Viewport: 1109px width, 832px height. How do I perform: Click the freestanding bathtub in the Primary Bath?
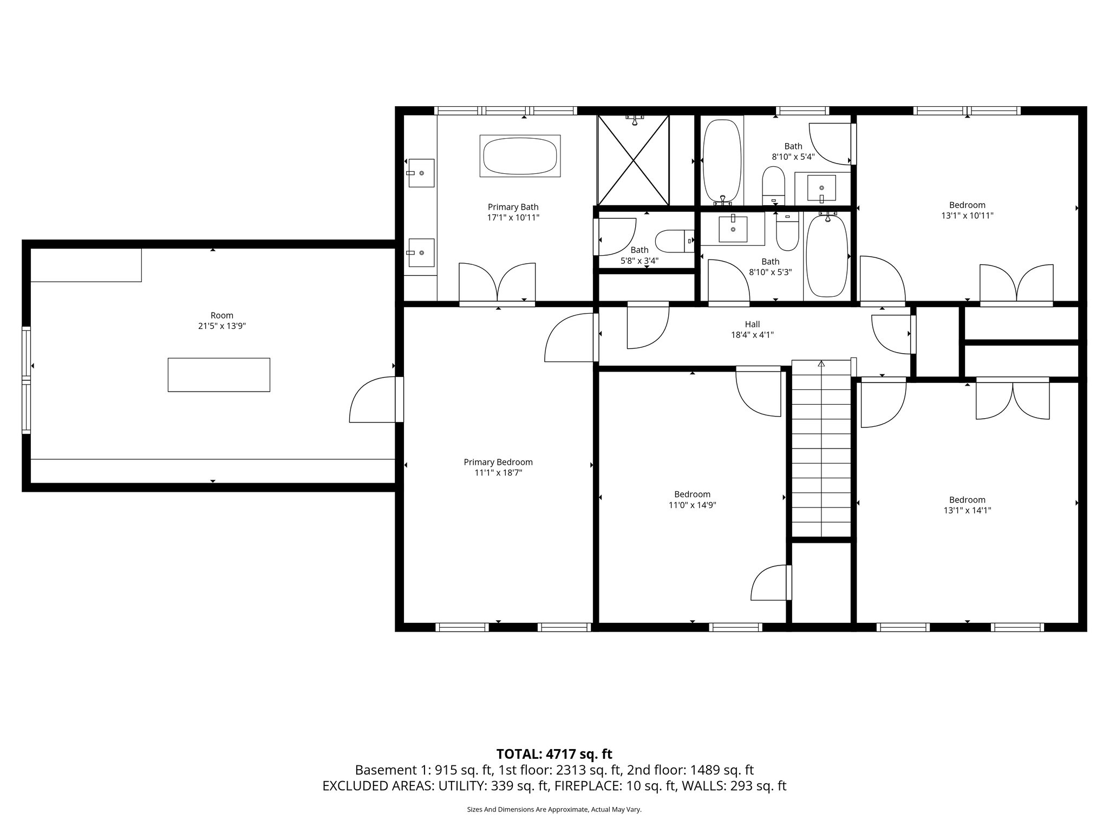tap(520, 156)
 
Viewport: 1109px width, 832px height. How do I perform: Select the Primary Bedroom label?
tap(498, 462)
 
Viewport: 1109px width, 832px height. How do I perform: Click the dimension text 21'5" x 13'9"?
tap(222, 326)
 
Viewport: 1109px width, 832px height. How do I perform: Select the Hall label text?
tap(752, 324)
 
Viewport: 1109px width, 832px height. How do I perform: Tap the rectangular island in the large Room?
tap(219, 374)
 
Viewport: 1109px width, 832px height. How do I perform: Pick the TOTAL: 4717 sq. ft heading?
tap(554, 753)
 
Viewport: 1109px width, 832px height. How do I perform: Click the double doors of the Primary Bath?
tap(497, 282)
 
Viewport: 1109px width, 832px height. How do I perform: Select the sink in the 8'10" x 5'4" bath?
tap(821, 187)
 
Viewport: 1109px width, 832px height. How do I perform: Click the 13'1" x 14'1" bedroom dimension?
tap(967, 510)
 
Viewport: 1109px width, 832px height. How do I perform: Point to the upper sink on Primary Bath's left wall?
tap(421, 173)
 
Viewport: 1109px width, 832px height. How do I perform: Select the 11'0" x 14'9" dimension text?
tap(692, 505)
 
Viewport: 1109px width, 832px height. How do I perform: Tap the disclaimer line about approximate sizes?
tap(554, 810)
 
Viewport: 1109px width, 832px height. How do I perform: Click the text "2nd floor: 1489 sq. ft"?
tap(690, 770)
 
